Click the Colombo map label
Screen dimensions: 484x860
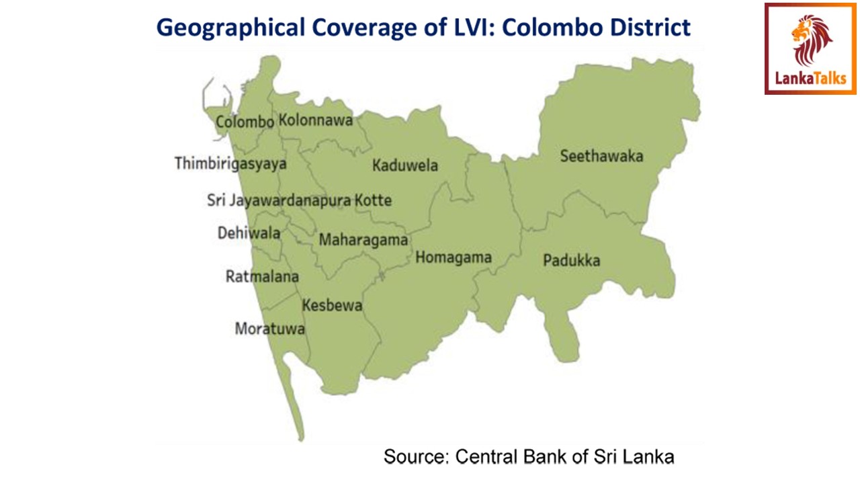(245, 122)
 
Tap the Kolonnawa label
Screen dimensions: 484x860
(315, 121)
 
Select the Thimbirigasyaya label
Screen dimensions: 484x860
(230, 163)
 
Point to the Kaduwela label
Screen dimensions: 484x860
(405, 165)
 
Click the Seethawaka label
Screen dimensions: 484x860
(601, 157)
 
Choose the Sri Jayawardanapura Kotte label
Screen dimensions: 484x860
(299, 200)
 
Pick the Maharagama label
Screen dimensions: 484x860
(363, 240)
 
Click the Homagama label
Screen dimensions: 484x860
(454, 257)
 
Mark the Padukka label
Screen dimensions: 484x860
(571, 261)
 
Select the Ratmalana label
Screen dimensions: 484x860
(262, 276)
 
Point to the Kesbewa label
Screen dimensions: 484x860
(332, 306)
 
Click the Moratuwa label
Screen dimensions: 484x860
(269, 329)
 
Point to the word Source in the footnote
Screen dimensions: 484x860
(414, 457)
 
